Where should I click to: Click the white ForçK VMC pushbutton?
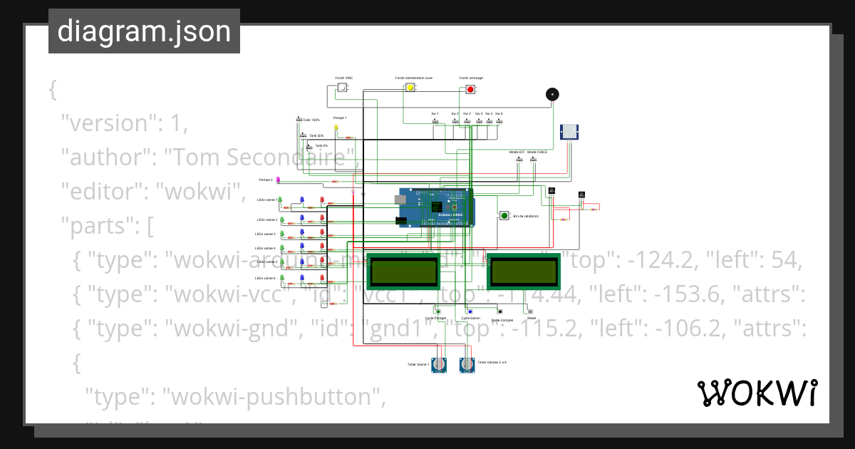click(x=342, y=88)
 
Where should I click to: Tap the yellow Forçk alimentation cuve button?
click(x=410, y=88)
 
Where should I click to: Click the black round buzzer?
click(x=551, y=94)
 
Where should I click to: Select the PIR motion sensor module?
click(x=571, y=131)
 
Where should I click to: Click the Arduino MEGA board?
click(x=437, y=207)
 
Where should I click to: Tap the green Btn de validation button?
click(x=504, y=215)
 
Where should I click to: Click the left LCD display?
click(x=402, y=271)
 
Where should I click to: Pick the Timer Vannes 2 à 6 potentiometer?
click(x=467, y=365)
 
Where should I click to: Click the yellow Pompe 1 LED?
click(x=336, y=128)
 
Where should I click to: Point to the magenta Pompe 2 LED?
click(x=279, y=180)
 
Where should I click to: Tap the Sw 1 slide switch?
click(x=435, y=121)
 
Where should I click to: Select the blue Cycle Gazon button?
click(x=470, y=312)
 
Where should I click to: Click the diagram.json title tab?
click(x=144, y=31)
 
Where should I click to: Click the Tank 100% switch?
click(x=299, y=120)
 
